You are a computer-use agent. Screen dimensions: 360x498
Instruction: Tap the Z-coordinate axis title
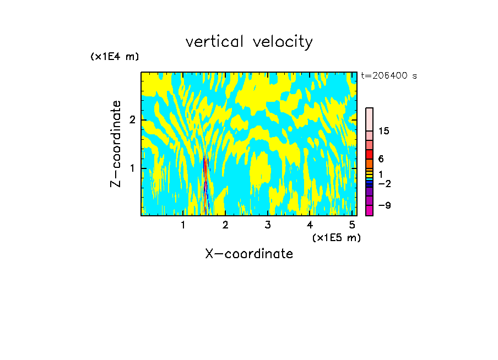point(116,144)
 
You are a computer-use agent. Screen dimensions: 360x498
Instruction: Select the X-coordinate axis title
point(249,254)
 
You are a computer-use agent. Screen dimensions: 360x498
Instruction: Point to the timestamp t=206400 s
point(389,75)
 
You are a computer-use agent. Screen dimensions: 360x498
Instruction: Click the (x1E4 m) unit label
point(115,57)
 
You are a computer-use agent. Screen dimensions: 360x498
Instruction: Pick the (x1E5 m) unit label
point(336,237)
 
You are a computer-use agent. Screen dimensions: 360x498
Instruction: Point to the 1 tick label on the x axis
point(183,225)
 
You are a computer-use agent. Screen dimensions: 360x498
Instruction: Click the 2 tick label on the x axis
point(225,225)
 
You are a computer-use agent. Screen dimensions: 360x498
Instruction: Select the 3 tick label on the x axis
point(268,225)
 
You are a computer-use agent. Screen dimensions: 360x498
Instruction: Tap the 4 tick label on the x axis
point(310,225)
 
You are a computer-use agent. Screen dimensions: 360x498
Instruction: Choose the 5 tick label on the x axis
point(352,225)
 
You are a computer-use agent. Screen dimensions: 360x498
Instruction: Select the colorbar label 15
point(384,131)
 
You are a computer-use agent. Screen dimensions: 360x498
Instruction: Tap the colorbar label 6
point(381,159)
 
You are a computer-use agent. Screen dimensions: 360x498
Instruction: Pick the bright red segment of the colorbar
point(369,154)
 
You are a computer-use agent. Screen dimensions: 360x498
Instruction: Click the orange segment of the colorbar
point(369,163)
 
